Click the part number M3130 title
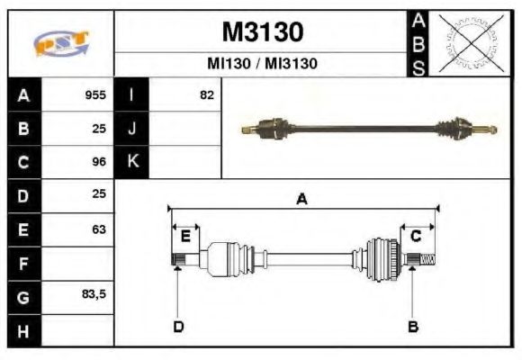point(262,32)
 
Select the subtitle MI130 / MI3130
point(262,64)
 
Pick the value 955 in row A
point(95,94)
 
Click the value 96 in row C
point(99,162)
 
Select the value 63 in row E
point(99,229)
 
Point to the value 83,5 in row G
point(94,296)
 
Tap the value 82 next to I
point(206,94)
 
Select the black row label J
point(131,128)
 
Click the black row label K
point(131,162)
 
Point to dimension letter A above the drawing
point(302,200)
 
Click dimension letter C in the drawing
point(417,236)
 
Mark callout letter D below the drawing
point(177,326)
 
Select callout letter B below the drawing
point(413,326)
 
